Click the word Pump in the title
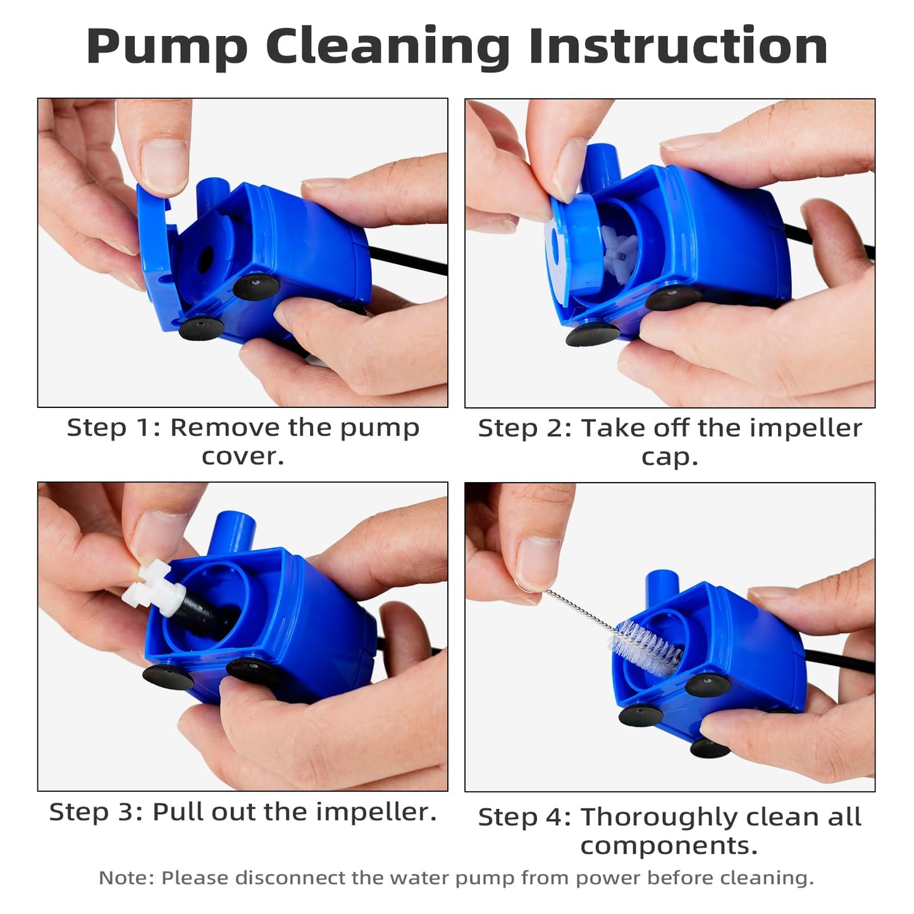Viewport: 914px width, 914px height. click(167, 48)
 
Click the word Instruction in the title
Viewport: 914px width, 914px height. click(678, 46)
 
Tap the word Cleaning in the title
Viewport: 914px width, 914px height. click(388, 48)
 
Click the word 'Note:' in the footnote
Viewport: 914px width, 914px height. click(127, 877)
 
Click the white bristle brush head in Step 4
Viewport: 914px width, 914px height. click(646, 646)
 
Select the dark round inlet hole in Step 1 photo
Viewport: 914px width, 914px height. click(206, 260)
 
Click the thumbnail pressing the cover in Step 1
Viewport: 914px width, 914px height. click(164, 166)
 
